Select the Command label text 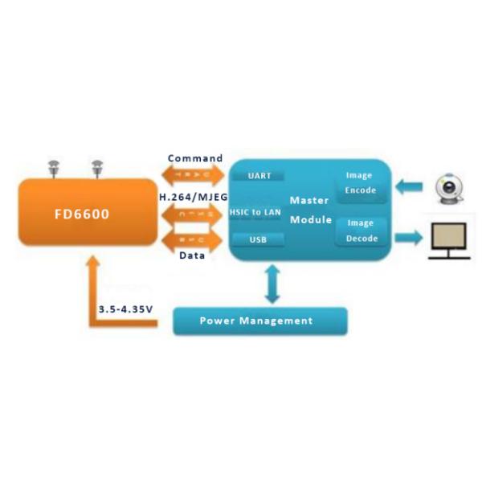[194, 158]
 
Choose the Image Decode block [361, 231]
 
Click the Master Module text [309, 210]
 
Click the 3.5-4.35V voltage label [125, 308]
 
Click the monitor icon [449, 240]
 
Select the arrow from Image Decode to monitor [407, 237]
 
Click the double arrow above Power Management [272, 284]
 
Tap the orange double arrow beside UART [193, 175]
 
